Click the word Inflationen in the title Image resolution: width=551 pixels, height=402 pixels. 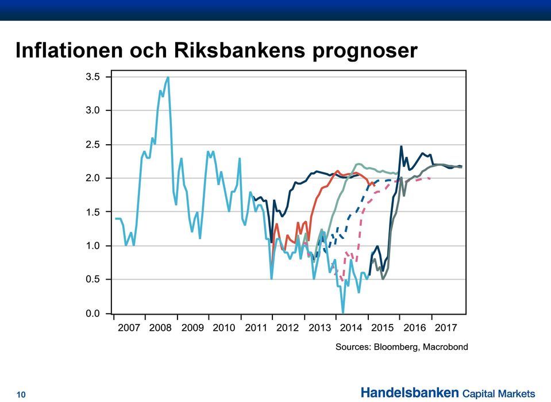pyautogui.click(x=70, y=50)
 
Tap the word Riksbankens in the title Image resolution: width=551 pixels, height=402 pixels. pyautogui.click(x=240, y=50)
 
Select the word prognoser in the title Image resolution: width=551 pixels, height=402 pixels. pyautogui.click(x=365, y=52)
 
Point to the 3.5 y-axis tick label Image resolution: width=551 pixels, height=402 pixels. pyautogui.click(x=93, y=76)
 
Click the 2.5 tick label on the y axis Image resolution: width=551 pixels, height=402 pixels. pyautogui.click(x=93, y=144)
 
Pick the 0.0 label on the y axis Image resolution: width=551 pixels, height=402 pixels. pyautogui.click(x=93, y=313)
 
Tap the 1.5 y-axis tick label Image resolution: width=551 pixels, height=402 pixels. pyautogui.click(x=93, y=212)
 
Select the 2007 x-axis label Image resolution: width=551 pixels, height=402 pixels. pyautogui.click(x=129, y=327)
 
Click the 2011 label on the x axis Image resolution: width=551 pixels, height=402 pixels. pyautogui.click(x=256, y=327)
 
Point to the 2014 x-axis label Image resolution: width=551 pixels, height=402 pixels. pyautogui.click(x=350, y=327)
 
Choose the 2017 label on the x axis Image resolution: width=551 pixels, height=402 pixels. pyautogui.click(x=446, y=327)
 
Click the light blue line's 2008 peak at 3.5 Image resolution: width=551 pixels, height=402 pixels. pyautogui.click(x=168, y=77)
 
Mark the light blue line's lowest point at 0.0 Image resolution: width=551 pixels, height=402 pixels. pyautogui.click(x=342, y=312)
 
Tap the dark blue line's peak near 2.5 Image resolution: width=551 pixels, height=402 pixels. pyautogui.click(x=401, y=146)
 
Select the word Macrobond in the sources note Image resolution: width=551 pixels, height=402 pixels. pyautogui.click(x=445, y=347)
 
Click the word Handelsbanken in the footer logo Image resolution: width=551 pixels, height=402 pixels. pyautogui.click(x=410, y=392)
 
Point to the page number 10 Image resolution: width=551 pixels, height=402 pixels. pyautogui.click(x=21, y=395)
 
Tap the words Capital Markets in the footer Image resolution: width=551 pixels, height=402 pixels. pyautogui.click(x=499, y=393)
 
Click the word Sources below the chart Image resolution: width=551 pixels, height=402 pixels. pyautogui.click(x=353, y=347)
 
